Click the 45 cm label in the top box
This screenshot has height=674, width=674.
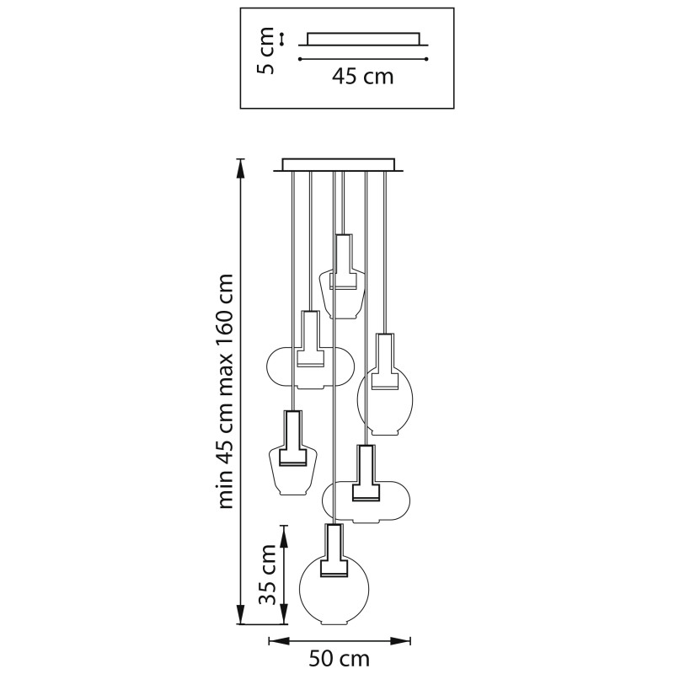[362, 77]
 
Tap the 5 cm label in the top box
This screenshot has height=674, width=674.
[265, 51]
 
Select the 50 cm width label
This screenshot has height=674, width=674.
[340, 659]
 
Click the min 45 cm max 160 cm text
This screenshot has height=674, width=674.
[225, 391]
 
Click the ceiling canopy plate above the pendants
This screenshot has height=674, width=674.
[339, 165]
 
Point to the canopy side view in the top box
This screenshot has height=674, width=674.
[363, 39]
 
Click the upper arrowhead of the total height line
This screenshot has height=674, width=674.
[242, 168]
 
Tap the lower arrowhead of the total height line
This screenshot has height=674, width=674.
[242, 615]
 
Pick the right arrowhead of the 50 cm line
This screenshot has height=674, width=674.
[400, 641]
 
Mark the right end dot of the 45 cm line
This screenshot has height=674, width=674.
[426, 59]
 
